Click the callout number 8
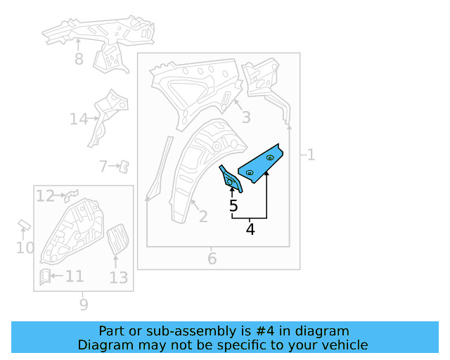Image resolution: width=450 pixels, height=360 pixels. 79,60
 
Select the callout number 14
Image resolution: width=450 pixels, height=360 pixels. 78,120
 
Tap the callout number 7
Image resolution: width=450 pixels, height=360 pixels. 103,167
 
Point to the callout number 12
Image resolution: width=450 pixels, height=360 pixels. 45,196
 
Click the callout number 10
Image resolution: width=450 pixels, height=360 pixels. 25,247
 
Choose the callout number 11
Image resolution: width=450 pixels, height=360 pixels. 75,276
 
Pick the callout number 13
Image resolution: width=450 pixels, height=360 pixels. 119,278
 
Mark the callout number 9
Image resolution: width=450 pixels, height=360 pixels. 84,304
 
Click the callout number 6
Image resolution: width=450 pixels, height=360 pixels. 212,259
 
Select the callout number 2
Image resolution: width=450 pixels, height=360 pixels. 202,217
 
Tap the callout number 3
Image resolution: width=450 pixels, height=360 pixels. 246,117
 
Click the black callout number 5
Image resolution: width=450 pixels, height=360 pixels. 233,206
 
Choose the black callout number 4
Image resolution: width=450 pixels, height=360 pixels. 250,229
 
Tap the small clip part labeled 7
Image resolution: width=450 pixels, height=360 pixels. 123,166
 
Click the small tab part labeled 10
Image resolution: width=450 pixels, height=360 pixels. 22,224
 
